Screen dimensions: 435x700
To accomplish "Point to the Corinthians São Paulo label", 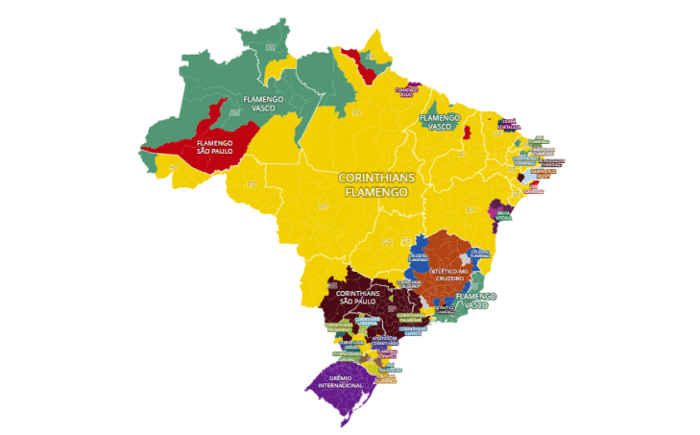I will (357, 297).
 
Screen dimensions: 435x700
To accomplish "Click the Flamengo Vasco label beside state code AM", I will (258, 103).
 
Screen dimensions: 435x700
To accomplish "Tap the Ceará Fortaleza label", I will (508, 124).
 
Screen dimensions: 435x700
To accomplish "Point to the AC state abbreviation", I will (174, 167).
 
